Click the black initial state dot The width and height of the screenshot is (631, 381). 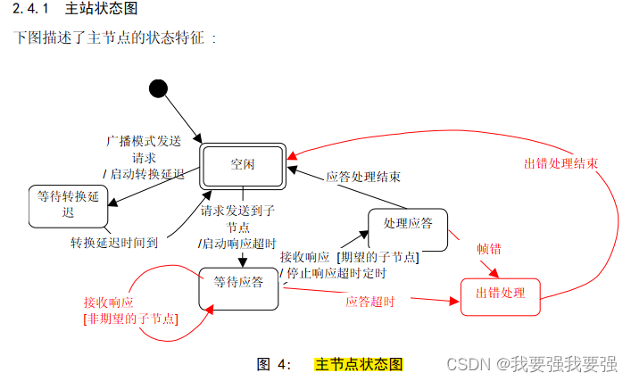(158, 87)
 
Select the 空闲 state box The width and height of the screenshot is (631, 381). (242, 164)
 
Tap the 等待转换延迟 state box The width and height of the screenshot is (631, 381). (69, 204)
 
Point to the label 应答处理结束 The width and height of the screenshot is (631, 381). (363, 177)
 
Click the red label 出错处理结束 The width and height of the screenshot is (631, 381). (560, 164)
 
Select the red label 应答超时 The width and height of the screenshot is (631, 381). (369, 302)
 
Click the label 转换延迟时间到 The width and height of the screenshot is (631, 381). (115, 242)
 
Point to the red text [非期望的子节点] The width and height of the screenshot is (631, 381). (129, 318)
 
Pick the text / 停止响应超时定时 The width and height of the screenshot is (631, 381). (333, 273)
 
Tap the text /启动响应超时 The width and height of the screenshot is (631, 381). (237, 243)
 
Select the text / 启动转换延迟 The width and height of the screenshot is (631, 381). (143, 172)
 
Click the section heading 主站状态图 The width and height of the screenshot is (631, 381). (101, 11)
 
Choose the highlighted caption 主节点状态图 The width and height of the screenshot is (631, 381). (358, 364)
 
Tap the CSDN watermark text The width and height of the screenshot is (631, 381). (531, 365)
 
